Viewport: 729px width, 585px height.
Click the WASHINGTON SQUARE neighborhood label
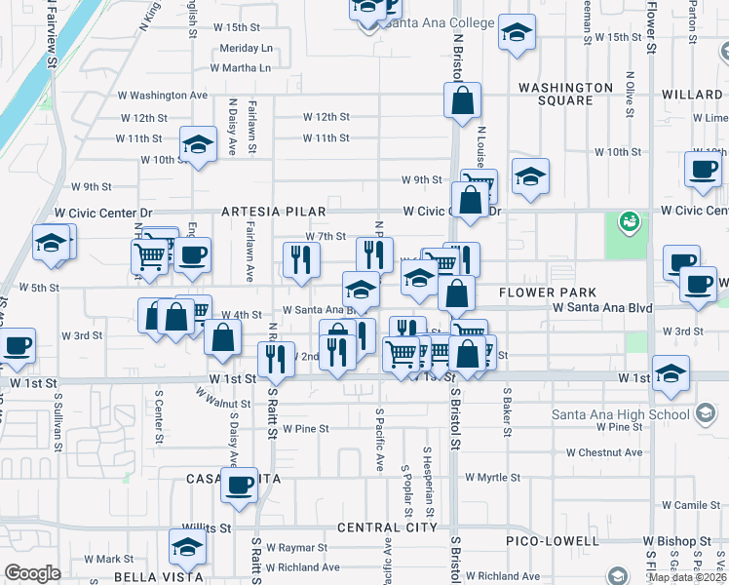(569, 94)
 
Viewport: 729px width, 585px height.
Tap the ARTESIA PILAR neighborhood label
(273, 211)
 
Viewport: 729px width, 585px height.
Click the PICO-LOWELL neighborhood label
(552, 540)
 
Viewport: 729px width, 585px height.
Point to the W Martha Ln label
(241, 68)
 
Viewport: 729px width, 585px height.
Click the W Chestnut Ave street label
(604, 452)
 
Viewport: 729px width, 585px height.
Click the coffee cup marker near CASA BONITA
(239, 485)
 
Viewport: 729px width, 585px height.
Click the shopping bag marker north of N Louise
(462, 99)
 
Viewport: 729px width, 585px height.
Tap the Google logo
(32, 573)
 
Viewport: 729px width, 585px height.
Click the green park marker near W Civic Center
(630, 221)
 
